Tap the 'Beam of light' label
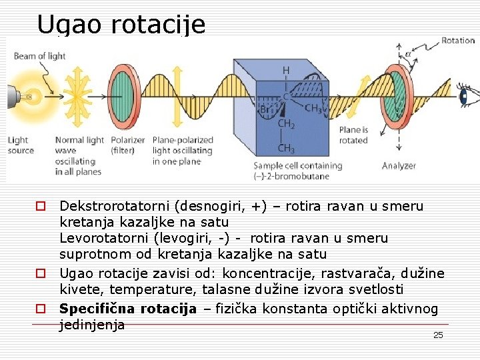(x=40, y=56)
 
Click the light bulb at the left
(x=23, y=97)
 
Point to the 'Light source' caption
(x=21, y=145)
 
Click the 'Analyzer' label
(x=399, y=166)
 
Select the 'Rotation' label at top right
(x=457, y=41)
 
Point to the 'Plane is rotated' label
(x=353, y=135)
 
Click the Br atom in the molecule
(x=265, y=109)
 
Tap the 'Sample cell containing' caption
(x=297, y=165)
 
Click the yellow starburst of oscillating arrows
(x=78, y=97)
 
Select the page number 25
(x=438, y=335)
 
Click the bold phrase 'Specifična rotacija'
(x=128, y=309)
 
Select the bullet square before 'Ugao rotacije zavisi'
(x=41, y=273)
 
